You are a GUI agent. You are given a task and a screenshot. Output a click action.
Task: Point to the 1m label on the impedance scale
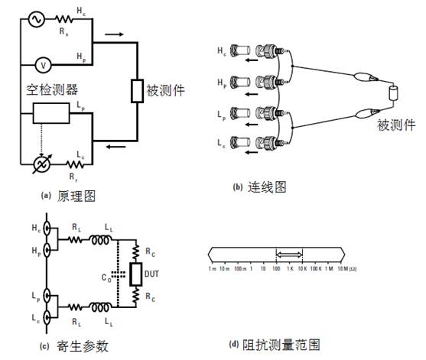(x=212, y=270)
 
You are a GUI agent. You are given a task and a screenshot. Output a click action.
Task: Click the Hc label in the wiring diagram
(x=221, y=51)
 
